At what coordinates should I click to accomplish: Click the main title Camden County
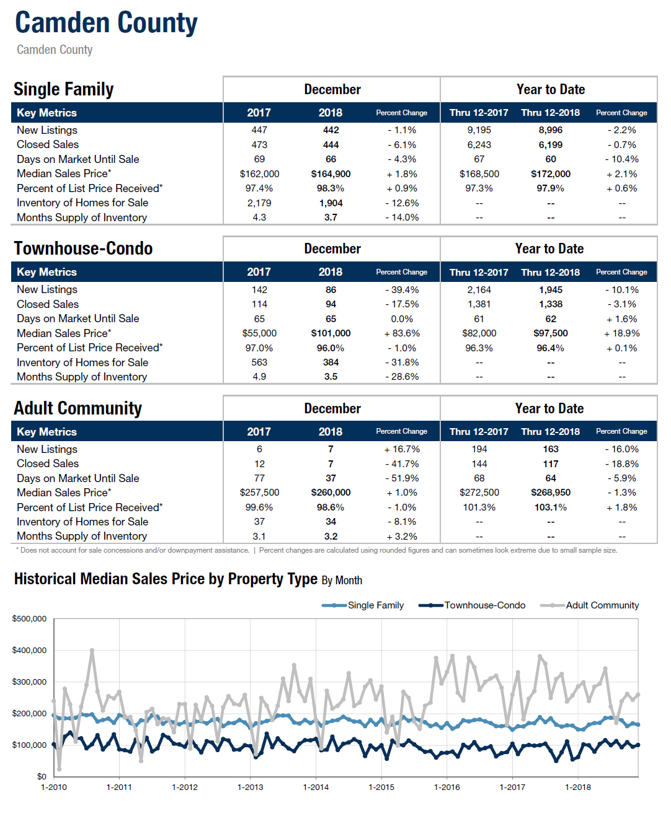click(x=106, y=23)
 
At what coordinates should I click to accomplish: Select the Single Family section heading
click(x=63, y=89)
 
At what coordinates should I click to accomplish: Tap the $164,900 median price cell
click(x=331, y=173)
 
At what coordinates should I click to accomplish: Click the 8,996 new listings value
click(x=550, y=130)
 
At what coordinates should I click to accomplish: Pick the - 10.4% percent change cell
click(x=622, y=159)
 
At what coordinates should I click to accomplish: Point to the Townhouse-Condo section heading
click(x=83, y=248)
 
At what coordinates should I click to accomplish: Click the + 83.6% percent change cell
click(x=402, y=333)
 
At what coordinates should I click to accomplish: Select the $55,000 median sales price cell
click(x=259, y=333)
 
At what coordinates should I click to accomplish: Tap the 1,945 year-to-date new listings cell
click(x=550, y=290)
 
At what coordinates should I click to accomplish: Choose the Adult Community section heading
click(x=78, y=408)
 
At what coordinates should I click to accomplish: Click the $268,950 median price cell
click(x=550, y=493)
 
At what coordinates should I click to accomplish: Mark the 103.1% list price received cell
click(x=550, y=507)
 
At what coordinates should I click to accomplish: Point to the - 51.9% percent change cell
click(x=402, y=478)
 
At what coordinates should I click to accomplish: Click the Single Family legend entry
click(x=362, y=605)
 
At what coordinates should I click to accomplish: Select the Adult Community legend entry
click(x=589, y=605)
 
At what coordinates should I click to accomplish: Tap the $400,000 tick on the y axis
click(x=29, y=651)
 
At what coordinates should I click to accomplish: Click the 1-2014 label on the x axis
click(x=316, y=787)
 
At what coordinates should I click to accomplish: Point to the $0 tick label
click(x=42, y=776)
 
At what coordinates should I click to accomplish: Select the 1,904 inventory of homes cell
click(x=331, y=203)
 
